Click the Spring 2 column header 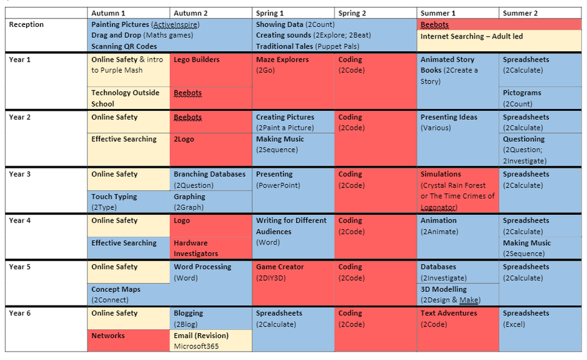352,13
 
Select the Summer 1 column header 438,13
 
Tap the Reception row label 26,24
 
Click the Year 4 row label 19,221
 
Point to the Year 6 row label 19,313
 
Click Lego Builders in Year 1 197,60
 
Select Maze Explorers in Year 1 282,60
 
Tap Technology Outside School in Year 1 125,98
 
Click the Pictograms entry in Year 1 521,93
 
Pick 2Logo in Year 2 184,139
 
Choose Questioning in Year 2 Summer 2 523,139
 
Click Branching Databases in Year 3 209,175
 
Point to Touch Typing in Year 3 114,197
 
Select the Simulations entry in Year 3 441,175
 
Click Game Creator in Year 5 280,267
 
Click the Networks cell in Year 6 108,336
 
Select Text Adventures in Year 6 449,313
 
